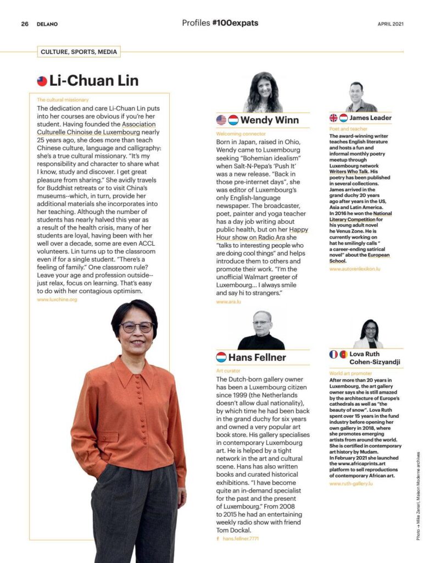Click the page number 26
coord(25,24)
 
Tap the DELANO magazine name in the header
coord(47,24)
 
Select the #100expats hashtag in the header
coord(235,23)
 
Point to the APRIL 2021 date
coord(391,24)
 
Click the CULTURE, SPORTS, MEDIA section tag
coord(79,52)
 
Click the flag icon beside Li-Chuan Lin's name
coord(42,81)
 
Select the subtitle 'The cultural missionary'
coord(63,100)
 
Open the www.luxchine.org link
coord(57,300)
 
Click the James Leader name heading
coord(371,118)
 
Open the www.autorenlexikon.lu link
coord(355,269)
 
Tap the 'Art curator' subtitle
coord(228,371)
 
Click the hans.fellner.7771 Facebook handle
coord(241,538)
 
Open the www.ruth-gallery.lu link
coord(351,483)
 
